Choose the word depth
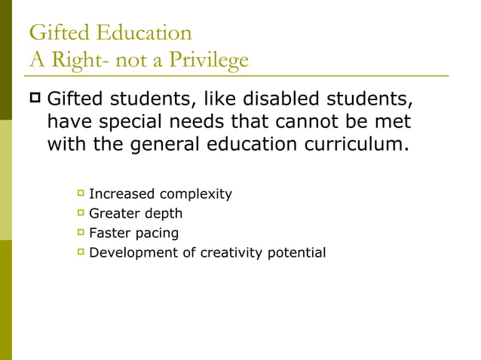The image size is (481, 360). pyautogui.click(x=164, y=214)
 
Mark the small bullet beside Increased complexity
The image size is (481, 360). pyautogui.click(x=80, y=194)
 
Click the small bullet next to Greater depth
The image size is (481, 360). pyautogui.click(x=80, y=213)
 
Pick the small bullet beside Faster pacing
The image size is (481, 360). pyautogui.click(x=80, y=233)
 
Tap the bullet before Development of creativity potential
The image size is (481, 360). pyautogui.click(x=80, y=252)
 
